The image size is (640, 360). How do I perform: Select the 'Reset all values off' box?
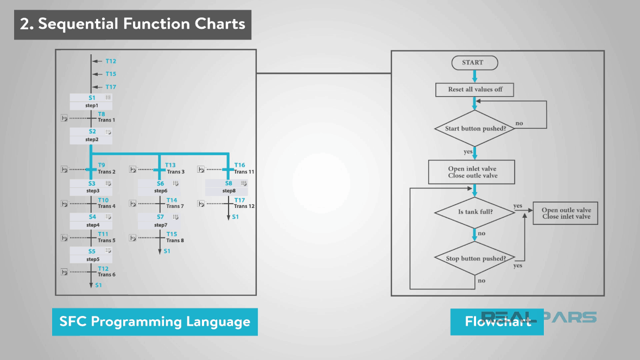pyautogui.click(x=474, y=90)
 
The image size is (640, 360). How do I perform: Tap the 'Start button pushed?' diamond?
pyautogui.click(x=474, y=129)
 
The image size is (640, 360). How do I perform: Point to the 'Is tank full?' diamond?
pyautogui.click(x=475, y=212)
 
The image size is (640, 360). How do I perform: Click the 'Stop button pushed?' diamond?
pyautogui.click(x=475, y=258)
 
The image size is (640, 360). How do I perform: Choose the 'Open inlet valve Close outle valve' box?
pyautogui.click(x=472, y=172)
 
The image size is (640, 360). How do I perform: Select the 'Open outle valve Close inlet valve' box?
pyautogui.click(x=566, y=213)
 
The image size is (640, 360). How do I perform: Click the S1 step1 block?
pyautogui.click(x=91, y=102)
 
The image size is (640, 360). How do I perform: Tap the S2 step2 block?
pyautogui.click(x=91, y=136)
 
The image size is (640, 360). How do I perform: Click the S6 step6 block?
pyautogui.click(x=160, y=187)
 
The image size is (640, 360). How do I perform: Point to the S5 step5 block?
pyautogui.click(x=91, y=255)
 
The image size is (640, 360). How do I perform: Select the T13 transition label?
pyautogui.click(x=170, y=165)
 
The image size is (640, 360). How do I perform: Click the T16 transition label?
pyautogui.click(x=239, y=165)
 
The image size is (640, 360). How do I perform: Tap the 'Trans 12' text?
pyautogui.click(x=244, y=206)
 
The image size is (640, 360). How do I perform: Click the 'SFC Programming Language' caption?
pyautogui.click(x=155, y=321)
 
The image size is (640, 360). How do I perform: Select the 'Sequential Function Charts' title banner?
pyautogui.click(x=132, y=24)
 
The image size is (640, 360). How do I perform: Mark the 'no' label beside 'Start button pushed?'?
pyautogui.click(x=519, y=123)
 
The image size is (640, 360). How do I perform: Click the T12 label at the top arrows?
pyautogui.click(x=111, y=61)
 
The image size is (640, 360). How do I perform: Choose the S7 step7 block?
pyautogui.click(x=160, y=220)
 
